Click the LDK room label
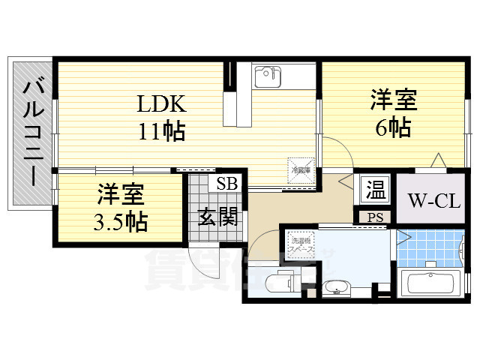pos(160,103)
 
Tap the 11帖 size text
pos(160,131)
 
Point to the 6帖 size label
pos(393,127)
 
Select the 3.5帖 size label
pos(121,221)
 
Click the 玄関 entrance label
pos(218,217)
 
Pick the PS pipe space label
pos(374,217)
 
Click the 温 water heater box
pos(374,190)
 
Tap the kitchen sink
pos(267,76)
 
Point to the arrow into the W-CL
pos(437,160)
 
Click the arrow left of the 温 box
pos(346,182)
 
